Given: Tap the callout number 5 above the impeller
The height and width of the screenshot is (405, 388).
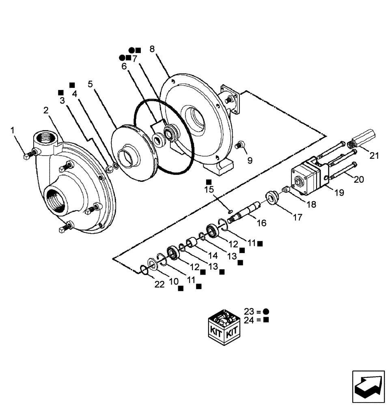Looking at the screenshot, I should point(90,84).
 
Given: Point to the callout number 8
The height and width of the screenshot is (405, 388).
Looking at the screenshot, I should point(152,49).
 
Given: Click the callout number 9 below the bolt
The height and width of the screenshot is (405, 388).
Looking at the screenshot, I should point(250,160).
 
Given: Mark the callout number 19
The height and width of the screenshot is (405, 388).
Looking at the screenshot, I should point(339,192).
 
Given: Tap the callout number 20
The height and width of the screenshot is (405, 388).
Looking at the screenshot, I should point(358,179).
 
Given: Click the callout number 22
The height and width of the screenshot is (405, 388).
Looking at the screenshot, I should point(159,284).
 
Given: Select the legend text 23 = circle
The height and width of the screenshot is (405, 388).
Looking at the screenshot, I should point(256,311).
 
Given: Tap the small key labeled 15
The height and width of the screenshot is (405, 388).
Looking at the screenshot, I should point(230,211).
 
